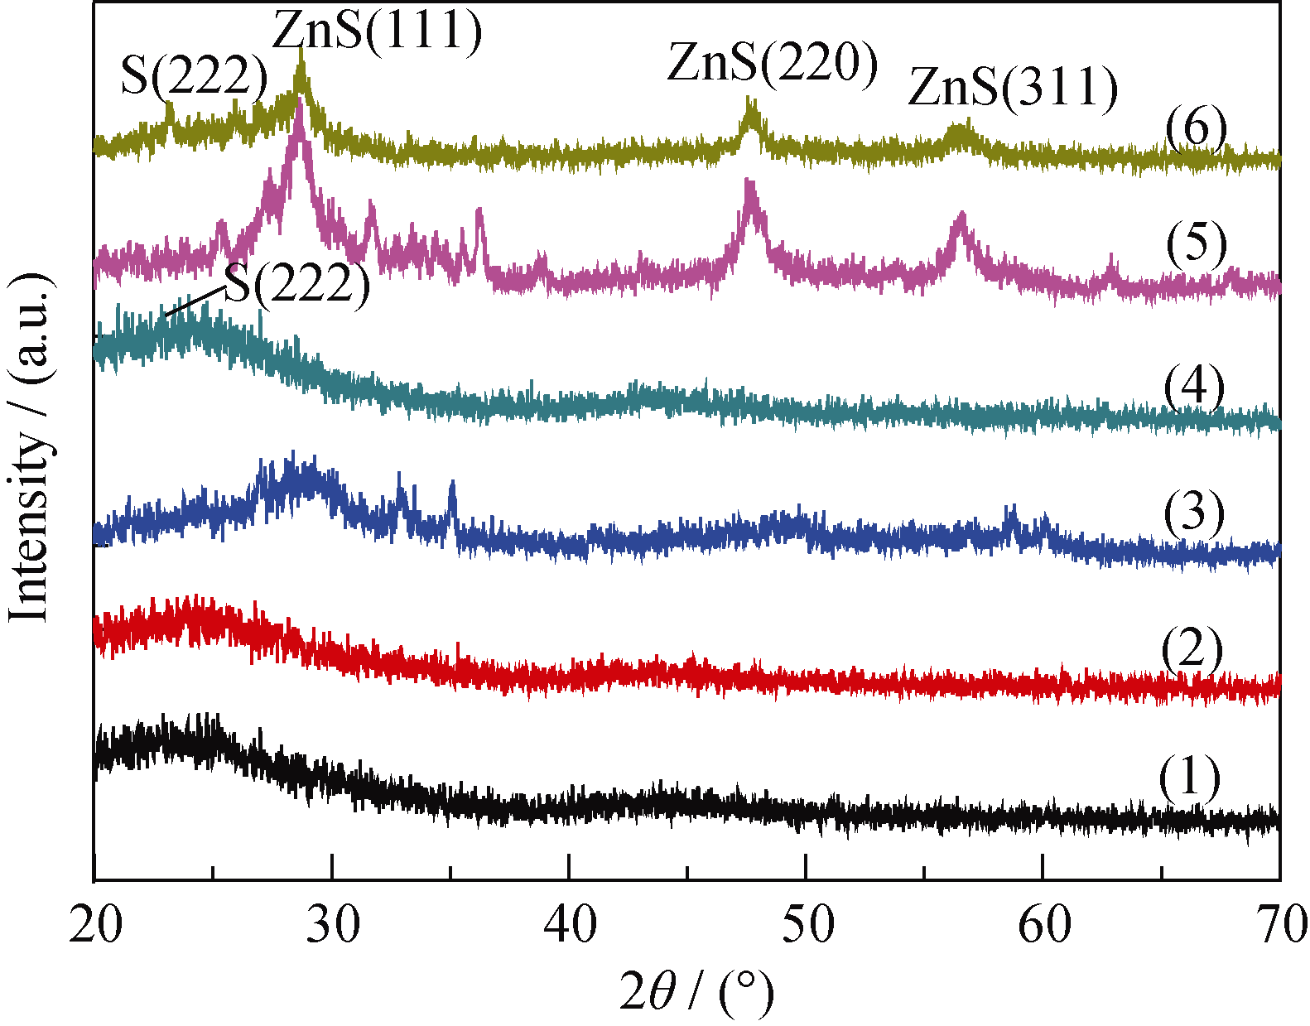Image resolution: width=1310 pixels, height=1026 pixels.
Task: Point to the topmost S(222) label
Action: tap(195, 75)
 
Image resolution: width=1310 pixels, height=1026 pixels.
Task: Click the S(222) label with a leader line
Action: tap(297, 284)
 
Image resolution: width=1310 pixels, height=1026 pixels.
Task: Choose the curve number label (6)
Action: tap(1195, 128)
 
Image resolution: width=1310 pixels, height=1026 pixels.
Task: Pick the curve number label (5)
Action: tap(1196, 243)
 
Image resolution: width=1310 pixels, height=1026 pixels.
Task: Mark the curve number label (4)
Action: tap(1194, 386)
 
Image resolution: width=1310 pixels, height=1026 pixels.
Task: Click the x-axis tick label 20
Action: tap(96, 923)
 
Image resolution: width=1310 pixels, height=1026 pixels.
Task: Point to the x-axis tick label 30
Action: tap(333, 923)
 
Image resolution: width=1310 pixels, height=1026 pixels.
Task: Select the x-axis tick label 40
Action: tap(570, 923)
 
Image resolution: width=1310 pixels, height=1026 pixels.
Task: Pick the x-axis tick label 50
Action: tap(807, 923)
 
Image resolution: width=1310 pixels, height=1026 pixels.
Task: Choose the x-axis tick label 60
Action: tap(1044, 923)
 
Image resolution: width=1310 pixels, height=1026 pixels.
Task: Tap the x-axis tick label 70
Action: tap(1279, 923)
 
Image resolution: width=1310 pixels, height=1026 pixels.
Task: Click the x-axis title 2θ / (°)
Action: tap(696, 992)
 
